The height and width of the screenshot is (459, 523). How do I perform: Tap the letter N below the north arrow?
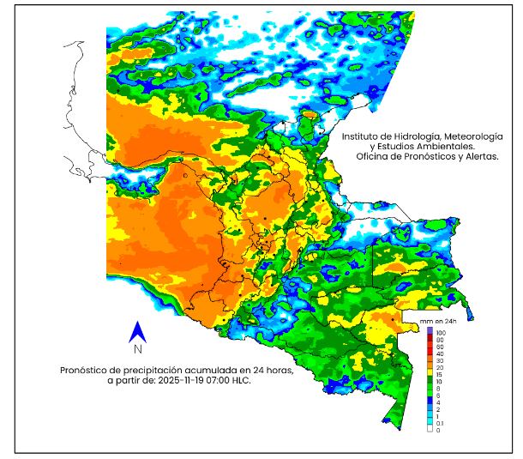pyautogui.click(x=137, y=349)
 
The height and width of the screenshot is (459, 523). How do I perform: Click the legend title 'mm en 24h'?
pyautogui.click(x=438, y=321)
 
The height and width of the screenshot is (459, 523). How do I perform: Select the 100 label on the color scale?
pyautogui.click(x=441, y=331)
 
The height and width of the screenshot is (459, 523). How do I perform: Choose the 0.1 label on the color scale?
pyautogui.click(x=440, y=423)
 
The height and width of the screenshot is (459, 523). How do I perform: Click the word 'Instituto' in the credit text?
pyautogui.click(x=361, y=136)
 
